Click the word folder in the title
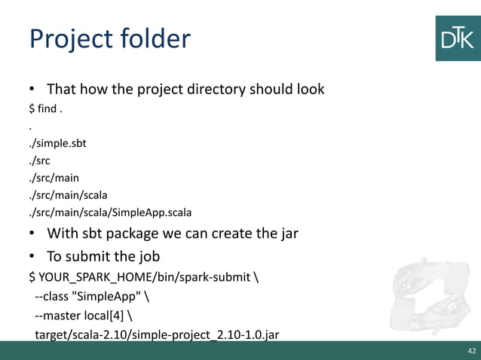pyautogui.click(x=154, y=38)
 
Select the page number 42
pyautogui.click(x=470, y=351)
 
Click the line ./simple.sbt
pyautogui.click(x=57, y=142)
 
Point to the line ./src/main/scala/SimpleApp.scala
pyautogui.click(x=105, y=212)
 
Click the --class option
pyautogui.click(x=54, y=294)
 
